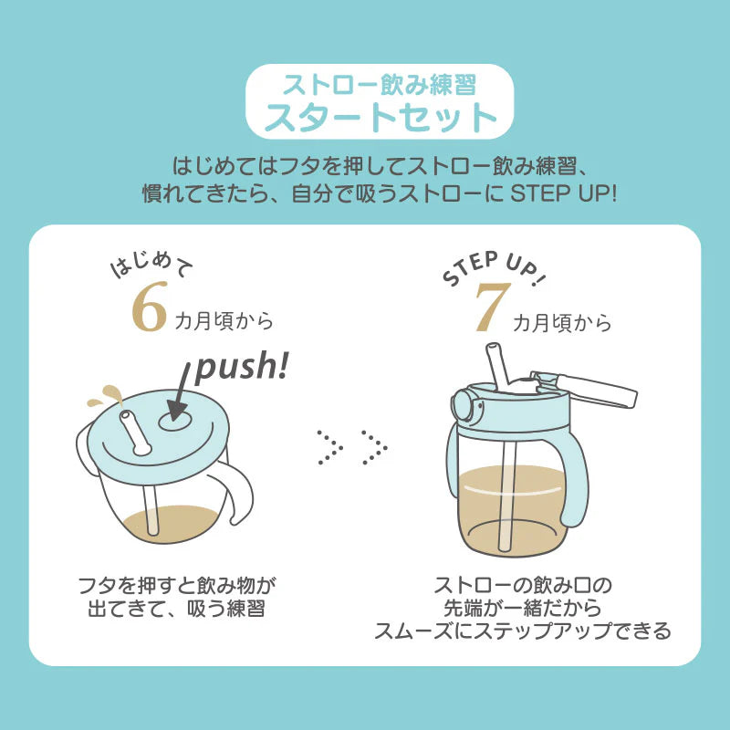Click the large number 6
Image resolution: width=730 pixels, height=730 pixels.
click(149, 308)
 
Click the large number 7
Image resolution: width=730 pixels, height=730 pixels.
click(491, 308)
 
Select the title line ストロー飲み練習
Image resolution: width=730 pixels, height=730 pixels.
click(380, 86)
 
